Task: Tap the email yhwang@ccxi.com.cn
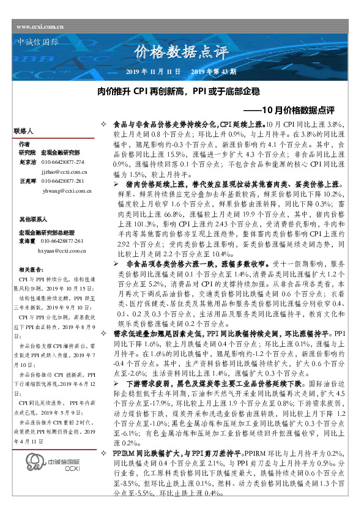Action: tap(67, 191)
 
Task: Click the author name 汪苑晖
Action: tap(28, 182)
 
